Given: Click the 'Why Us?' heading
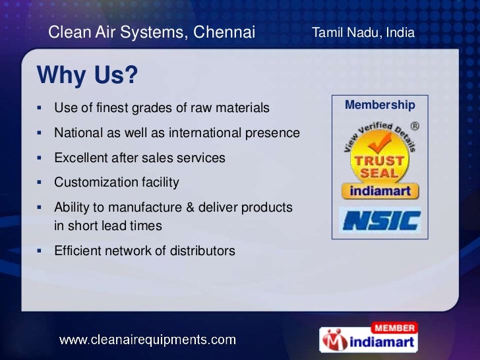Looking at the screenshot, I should (87, 75).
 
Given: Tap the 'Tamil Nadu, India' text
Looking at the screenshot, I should (363, 32).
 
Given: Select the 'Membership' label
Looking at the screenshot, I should (380, 105).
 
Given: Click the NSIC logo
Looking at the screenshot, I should (380, 220).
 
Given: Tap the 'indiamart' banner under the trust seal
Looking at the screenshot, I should (380, 192).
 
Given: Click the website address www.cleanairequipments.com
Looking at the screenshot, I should (148, 340).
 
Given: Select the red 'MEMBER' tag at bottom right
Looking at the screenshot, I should (394, 328).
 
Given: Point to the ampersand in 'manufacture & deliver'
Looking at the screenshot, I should (191, 208).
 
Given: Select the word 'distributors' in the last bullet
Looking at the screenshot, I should (202, 251).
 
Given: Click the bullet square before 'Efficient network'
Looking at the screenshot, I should (40, 251).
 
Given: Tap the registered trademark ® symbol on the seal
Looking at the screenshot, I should (415, 125).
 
